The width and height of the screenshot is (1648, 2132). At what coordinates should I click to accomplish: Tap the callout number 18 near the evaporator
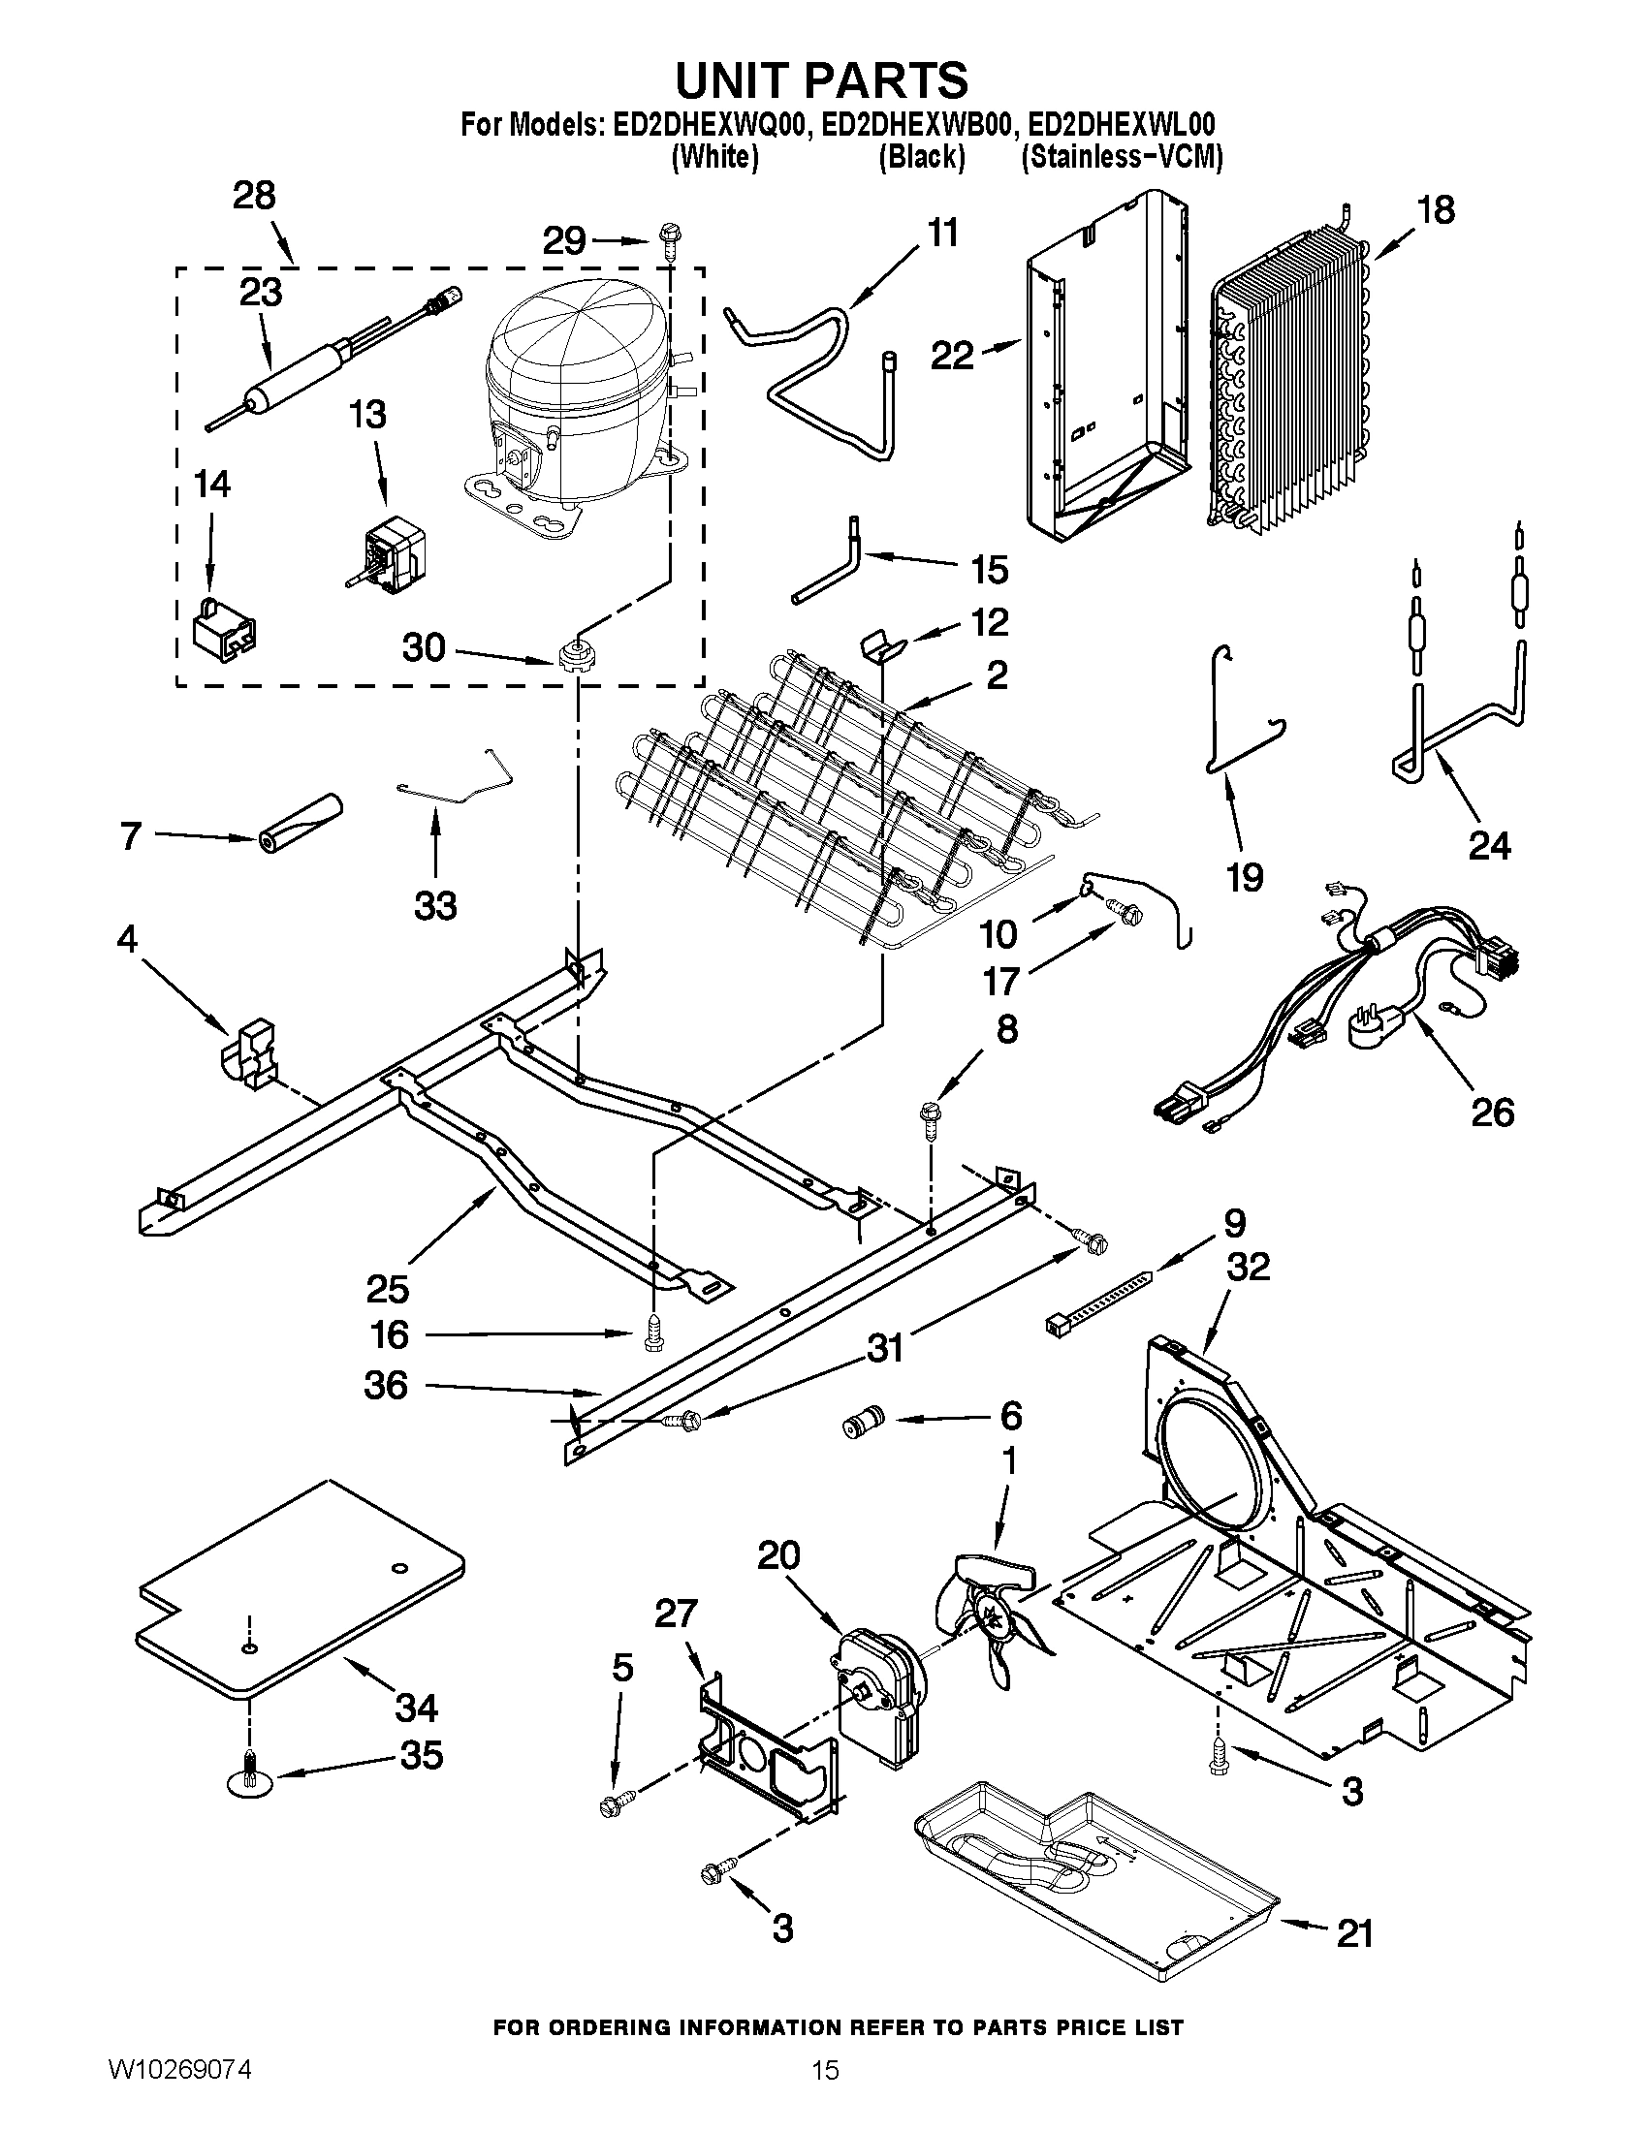1436,209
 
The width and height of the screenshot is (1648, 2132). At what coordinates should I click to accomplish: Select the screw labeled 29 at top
671,238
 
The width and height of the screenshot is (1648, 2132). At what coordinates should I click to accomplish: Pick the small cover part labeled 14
225,630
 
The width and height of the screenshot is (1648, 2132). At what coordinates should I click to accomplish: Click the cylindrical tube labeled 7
301,821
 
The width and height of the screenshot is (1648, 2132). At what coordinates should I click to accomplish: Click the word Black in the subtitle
922,157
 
